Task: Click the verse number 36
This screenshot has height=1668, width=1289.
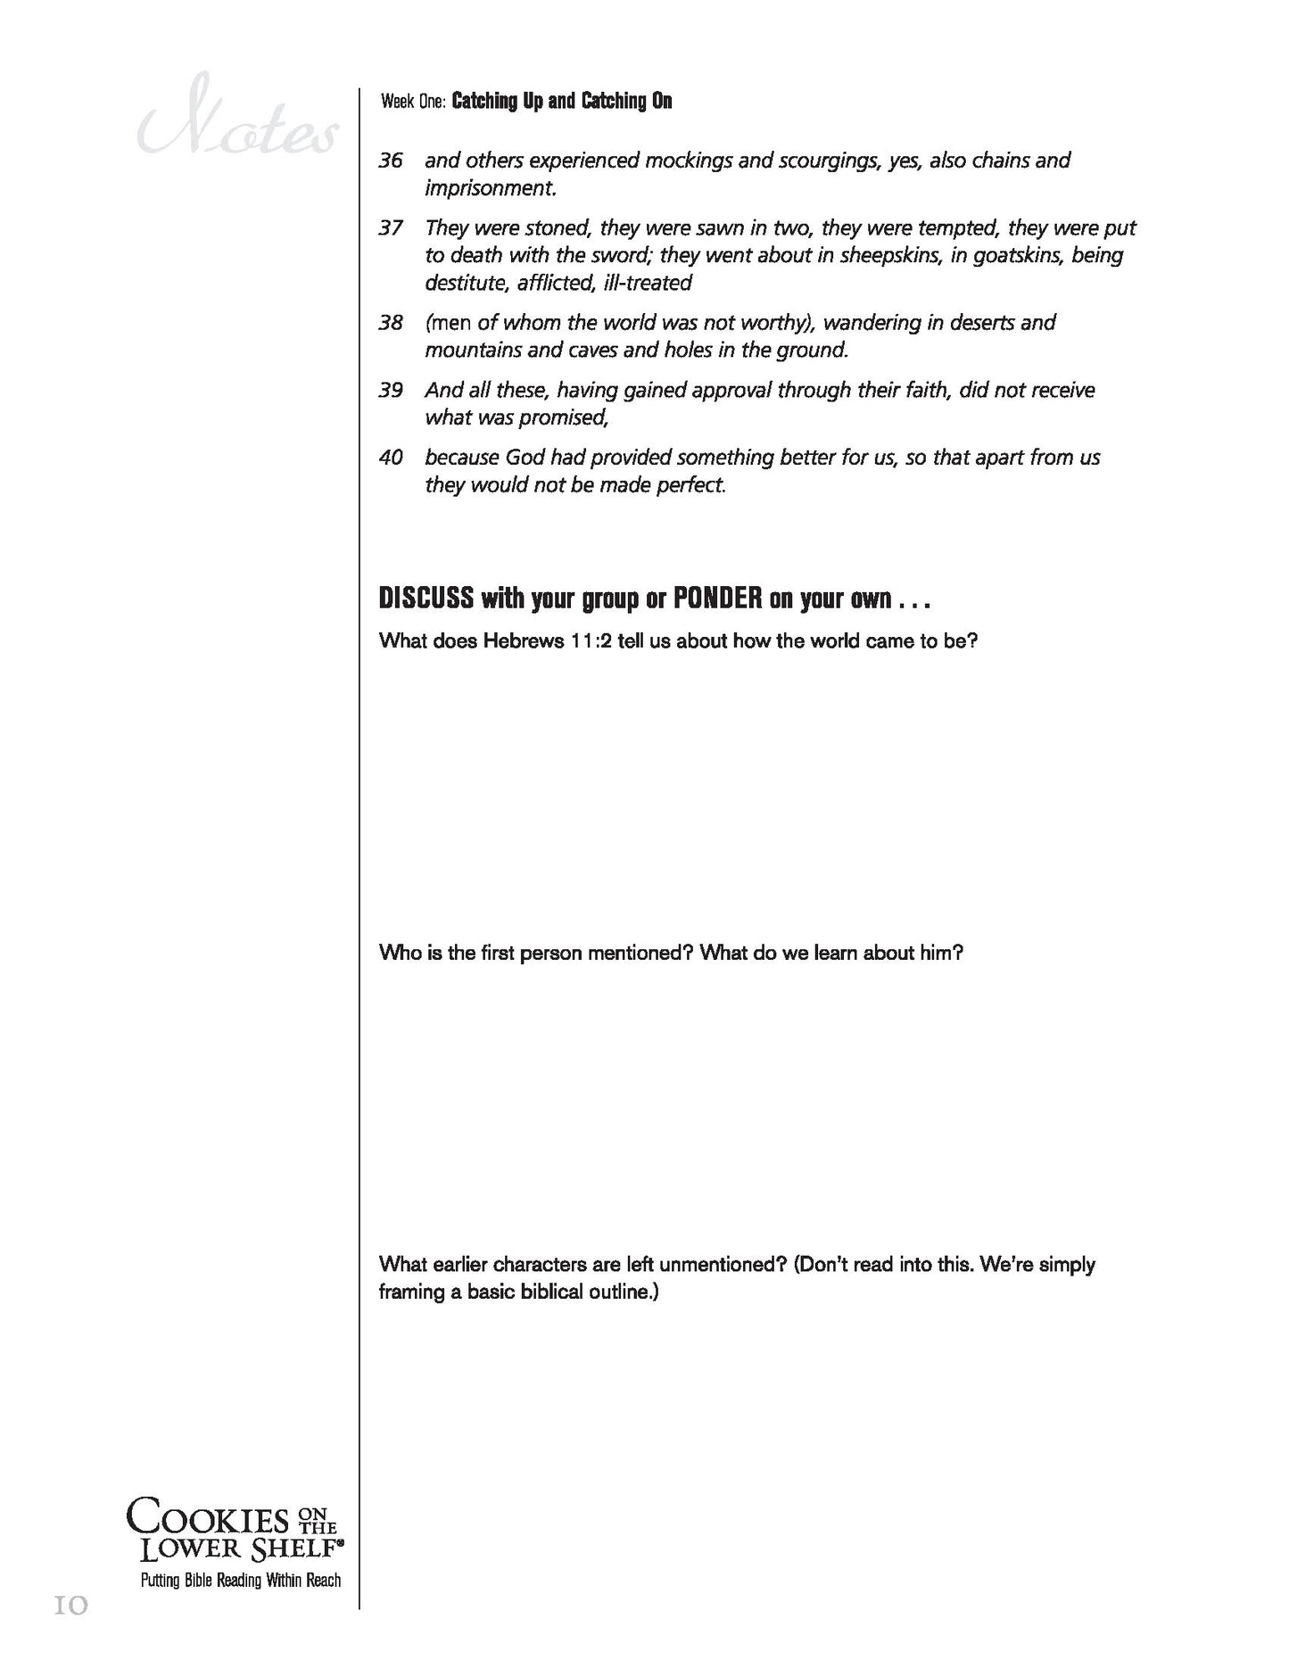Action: pyautogui.click(x=391, y=161)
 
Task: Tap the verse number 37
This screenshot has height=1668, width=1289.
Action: pyautogui.click(x=391, y=228)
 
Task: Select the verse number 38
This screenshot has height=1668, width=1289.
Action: pyautogui.click(x=391, y=323)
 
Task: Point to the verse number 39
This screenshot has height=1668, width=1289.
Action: pyautogui.click(x=391, y=391)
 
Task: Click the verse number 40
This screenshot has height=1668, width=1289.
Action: pyautogui.click(x=391, y=458)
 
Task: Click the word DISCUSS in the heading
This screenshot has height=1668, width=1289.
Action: pyautogui.click(x=426, y=599)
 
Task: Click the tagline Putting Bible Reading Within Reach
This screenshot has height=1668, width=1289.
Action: pyautogui.click(x=240, y=1581)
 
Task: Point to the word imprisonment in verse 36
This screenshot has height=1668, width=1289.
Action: pyautogui.click(x=490, y=189)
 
